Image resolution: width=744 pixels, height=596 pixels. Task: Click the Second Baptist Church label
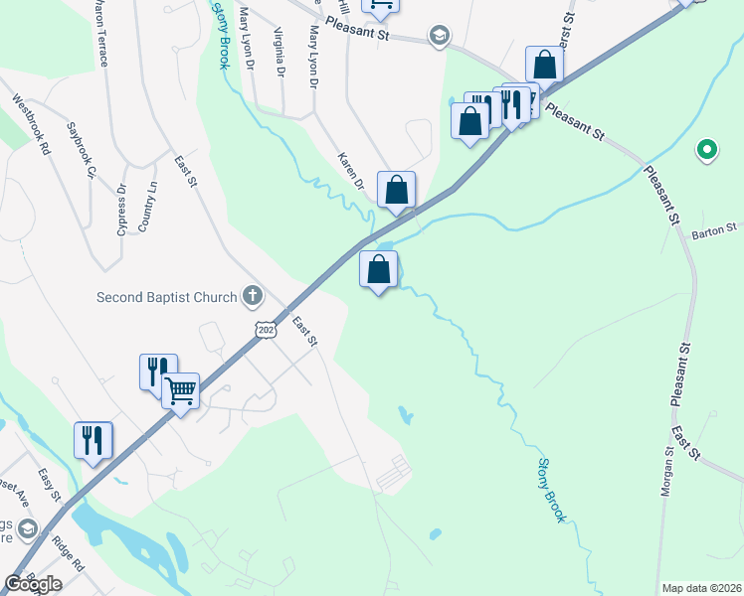(166, 297)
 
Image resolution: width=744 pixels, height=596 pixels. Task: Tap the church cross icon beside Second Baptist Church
(254, 296)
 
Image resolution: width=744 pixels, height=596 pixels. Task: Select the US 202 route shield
(265, 329)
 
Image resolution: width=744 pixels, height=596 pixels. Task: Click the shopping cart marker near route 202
(180, 390)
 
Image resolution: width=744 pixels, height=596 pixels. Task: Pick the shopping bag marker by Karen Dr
(396, 189)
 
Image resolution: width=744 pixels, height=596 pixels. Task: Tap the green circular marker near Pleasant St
(707, 150)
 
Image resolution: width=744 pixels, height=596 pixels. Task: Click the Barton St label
(716, 230)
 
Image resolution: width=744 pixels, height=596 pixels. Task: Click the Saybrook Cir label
(81, 150)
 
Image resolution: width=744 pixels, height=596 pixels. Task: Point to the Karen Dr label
(350, 170)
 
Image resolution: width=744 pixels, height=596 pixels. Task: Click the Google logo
(33, 584)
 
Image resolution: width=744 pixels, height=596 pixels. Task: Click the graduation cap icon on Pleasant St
(438, 37)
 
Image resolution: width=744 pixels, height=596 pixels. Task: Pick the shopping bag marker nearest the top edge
(544, 65)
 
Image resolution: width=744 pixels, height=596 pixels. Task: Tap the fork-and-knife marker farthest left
(93, 439)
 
